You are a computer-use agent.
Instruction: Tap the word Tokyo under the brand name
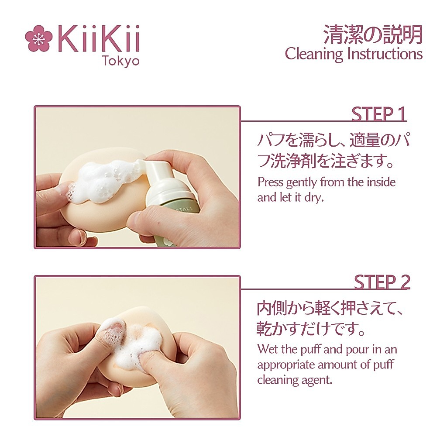coord(120,61)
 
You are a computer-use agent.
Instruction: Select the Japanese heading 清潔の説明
coord(373,34)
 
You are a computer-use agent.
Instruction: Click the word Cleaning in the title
coord(314,54)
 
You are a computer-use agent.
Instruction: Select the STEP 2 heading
coord(382,282)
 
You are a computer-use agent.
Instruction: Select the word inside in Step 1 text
coord(380,182)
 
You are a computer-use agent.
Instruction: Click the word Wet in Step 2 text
coord(268,349)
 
